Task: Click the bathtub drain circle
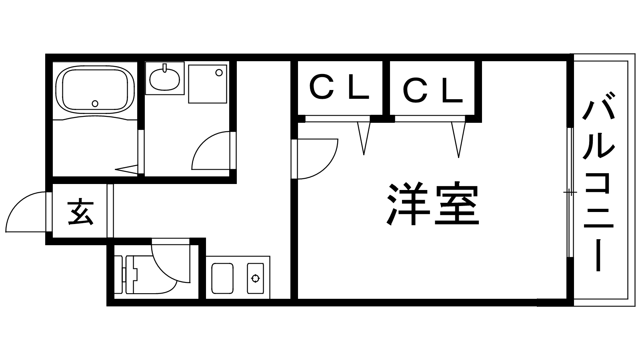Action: click(95, 104)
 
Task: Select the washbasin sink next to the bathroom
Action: click(165, 78)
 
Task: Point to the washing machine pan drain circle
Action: click(219, 73)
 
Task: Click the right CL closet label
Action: click(433, 90)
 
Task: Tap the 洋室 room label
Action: click(433, 205)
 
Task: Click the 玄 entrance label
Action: click(80, 211)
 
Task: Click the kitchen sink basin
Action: click(222, 278)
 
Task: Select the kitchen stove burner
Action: click(255, 278)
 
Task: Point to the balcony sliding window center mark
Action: click(570, 193)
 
